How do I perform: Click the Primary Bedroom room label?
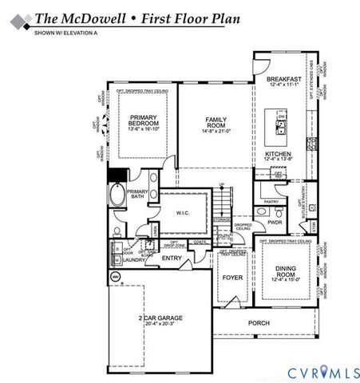coord(145,120)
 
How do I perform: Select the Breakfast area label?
coord(284,80)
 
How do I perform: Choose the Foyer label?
coord(232,278)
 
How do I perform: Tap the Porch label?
coord(259,323)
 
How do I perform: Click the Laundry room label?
coord(133,259)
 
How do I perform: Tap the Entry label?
coord(172,258)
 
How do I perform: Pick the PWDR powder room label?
coord(275,223)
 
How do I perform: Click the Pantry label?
coord(271,202)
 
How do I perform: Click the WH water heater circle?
coord(115,277)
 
